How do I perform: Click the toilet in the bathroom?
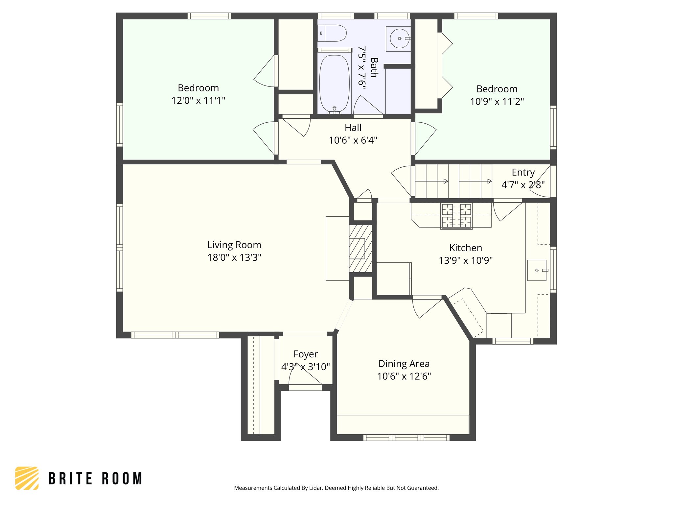click(333, 34)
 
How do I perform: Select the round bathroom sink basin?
click(400, 38)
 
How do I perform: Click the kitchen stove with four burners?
click(456, 216)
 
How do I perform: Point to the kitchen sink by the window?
click(537, 270)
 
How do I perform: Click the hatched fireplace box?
click(360, 249)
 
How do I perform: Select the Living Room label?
click(234, 245)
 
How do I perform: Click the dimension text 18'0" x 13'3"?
click(234, 257)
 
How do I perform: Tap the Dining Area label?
click(404, 364)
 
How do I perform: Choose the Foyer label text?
click(305, 354)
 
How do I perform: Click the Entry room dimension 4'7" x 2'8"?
click(523, 185)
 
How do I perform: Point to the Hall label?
click(353, 128)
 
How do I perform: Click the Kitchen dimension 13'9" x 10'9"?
click(466, 260)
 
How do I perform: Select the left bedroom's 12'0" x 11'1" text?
click(198, 101)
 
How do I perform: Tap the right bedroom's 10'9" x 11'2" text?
click(497, 102)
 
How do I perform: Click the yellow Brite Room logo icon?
click(27, 478)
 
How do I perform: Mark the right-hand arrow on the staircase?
click(489, 181)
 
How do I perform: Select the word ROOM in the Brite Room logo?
click(122, 478)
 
